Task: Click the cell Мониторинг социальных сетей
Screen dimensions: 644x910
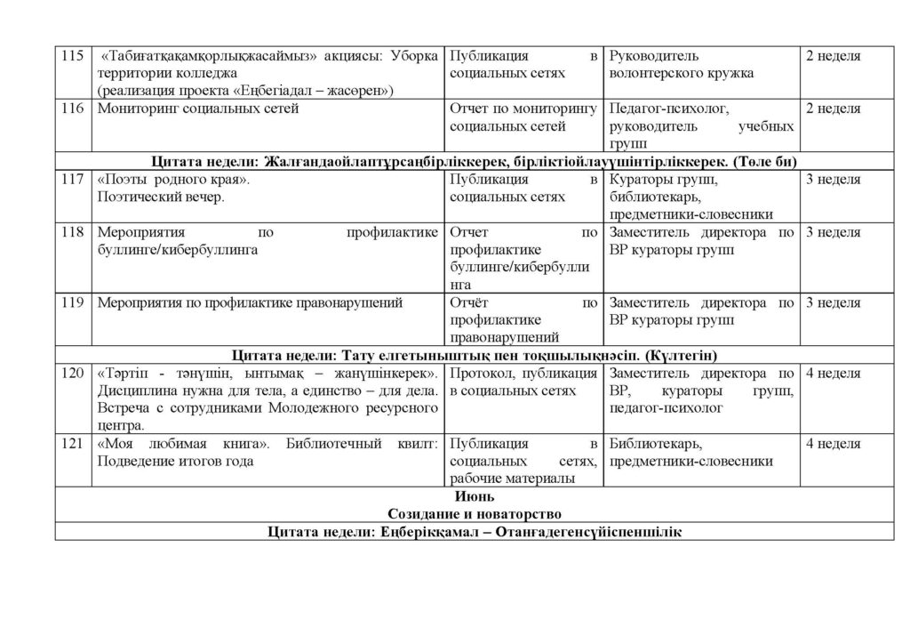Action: [x=198, y=109]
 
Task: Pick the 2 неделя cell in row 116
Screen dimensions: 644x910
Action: [x=833, y=109]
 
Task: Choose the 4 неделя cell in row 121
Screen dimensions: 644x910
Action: [x=833, y=443]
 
